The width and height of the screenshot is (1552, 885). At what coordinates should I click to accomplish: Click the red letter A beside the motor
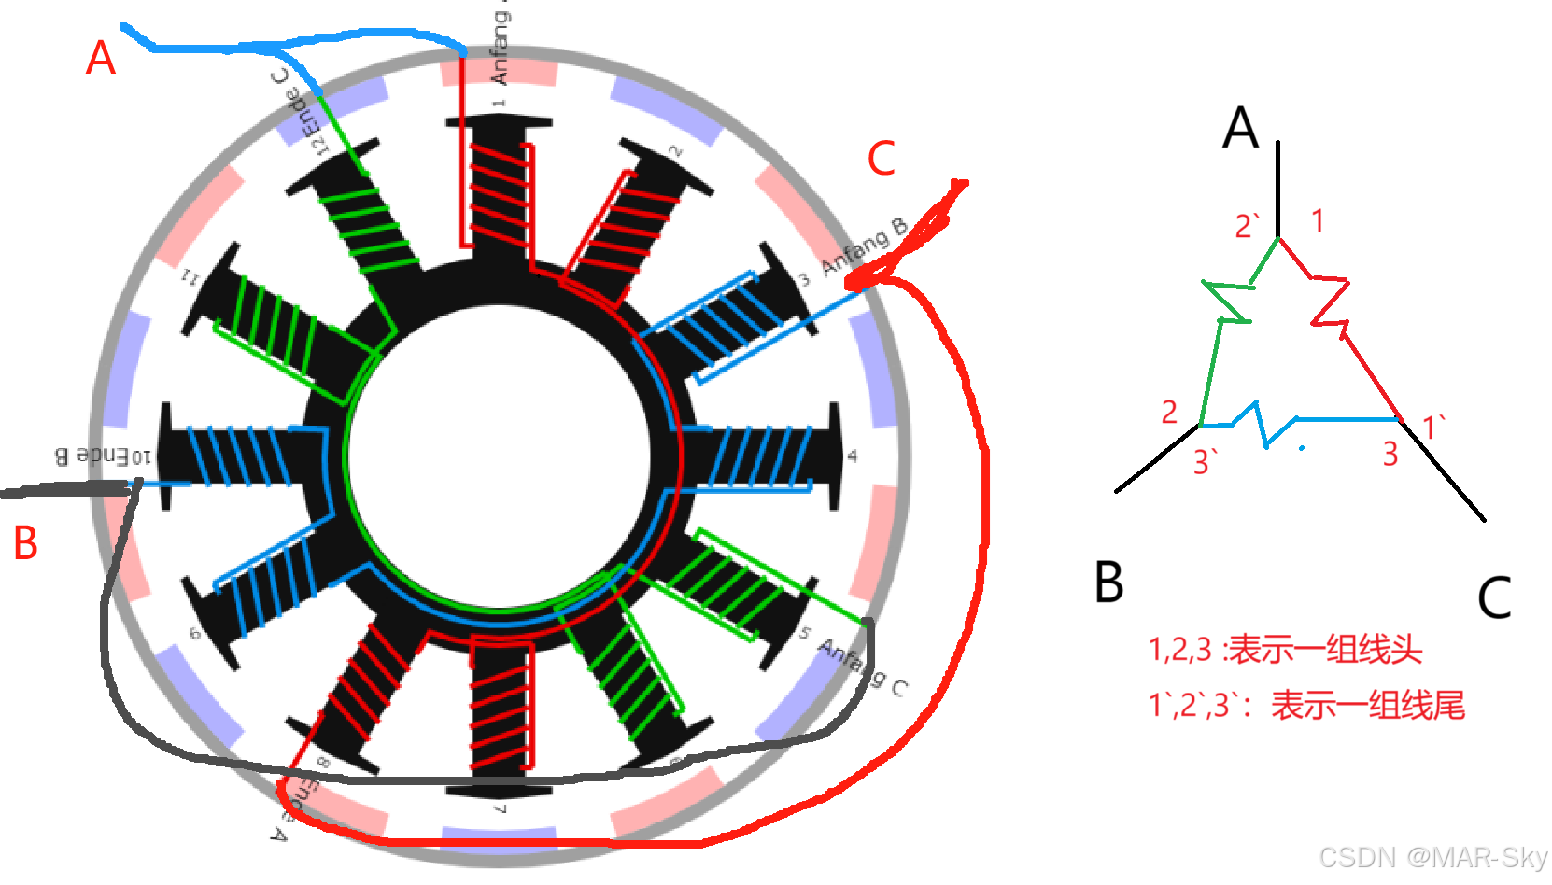point(101,58)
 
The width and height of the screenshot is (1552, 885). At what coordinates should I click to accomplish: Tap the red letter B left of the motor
point(25,542)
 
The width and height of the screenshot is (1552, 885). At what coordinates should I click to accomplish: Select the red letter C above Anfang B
point(881,159)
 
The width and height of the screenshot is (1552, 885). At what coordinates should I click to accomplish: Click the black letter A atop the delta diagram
point(1240,128)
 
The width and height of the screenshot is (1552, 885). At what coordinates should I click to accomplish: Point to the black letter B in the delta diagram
point(1108,582)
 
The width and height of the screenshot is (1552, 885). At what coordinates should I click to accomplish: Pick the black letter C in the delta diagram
point(1494,597)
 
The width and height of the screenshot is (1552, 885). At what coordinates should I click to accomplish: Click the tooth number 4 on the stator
point(852,457)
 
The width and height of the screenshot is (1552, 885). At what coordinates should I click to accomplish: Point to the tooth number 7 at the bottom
point(501,808)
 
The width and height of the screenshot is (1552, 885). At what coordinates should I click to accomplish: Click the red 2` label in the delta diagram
point(1248,226)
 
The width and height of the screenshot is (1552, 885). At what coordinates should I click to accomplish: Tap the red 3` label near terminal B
point(1205,461)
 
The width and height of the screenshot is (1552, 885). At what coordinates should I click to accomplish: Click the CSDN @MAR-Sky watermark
point(1432,857)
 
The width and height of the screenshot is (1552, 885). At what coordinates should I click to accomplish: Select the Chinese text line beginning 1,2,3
point(1285,649)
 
